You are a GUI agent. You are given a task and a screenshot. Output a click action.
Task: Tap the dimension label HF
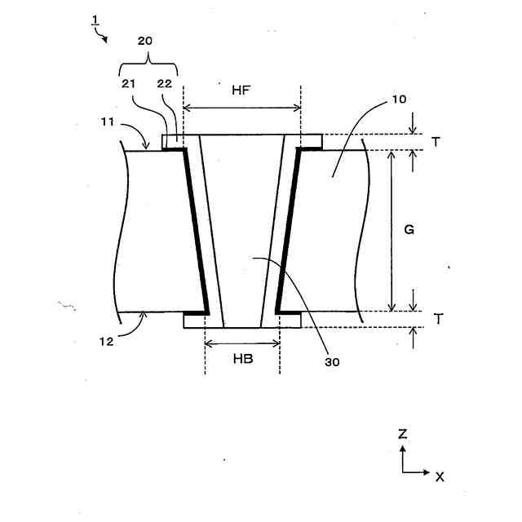pos(241,91)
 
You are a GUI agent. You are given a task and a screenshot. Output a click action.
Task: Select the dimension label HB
pos(241,358)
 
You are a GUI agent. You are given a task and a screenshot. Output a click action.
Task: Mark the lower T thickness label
pos(437,319)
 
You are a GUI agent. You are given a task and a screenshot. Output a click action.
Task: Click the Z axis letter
pos(402,434)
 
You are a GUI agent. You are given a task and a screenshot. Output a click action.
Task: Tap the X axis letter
pos(439,476)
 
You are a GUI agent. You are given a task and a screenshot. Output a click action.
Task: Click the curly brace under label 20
pos(148,60)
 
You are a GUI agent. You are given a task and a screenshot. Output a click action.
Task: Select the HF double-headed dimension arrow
pos(242,107)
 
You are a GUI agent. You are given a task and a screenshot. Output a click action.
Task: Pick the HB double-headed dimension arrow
pos(242,343)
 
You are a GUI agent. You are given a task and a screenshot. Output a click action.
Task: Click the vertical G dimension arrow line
pos(392,230)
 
